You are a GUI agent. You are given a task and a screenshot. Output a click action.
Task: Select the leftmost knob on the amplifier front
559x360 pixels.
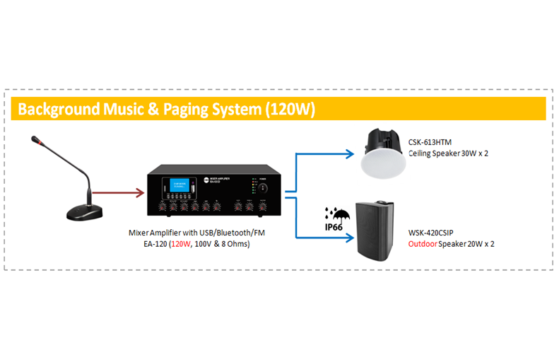pos(163,208)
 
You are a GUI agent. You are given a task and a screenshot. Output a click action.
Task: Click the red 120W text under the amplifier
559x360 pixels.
pos(181,244)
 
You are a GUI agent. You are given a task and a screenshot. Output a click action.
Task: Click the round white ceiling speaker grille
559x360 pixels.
pos(382,163)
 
